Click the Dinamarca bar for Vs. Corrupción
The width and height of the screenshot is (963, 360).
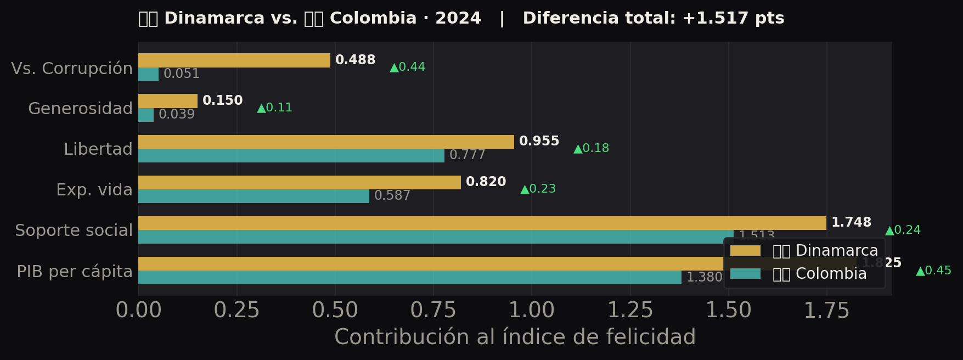(234, 60)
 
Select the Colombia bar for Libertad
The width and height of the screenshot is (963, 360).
(291, 155)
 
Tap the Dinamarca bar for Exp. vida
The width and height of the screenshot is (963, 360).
(300, 182)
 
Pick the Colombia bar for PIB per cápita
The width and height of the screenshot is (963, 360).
(410, 277)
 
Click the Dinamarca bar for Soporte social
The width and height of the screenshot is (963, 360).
(482, 223)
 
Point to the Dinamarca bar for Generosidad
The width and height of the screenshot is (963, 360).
(168, 101)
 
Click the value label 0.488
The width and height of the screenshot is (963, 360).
(355, 60)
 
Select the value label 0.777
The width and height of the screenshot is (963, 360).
(467, 155)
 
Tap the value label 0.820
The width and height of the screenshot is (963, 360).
(486, 182)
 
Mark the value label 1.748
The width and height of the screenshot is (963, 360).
(851, 222)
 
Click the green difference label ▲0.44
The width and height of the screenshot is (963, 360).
(408, 67)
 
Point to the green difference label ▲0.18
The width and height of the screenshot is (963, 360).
(592, 148)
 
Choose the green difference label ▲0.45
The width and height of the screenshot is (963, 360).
(934, 271)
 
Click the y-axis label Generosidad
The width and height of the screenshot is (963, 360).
(80, 109)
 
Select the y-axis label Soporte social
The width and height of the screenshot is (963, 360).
(74, 230)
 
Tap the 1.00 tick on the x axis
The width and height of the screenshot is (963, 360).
(532, 311)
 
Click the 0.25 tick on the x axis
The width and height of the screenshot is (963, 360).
(236, 311)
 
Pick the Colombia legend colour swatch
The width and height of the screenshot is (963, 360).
(745, 273)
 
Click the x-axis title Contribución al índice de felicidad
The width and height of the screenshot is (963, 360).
(515, 337)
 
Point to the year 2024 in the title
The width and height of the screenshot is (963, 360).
(458, 18)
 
